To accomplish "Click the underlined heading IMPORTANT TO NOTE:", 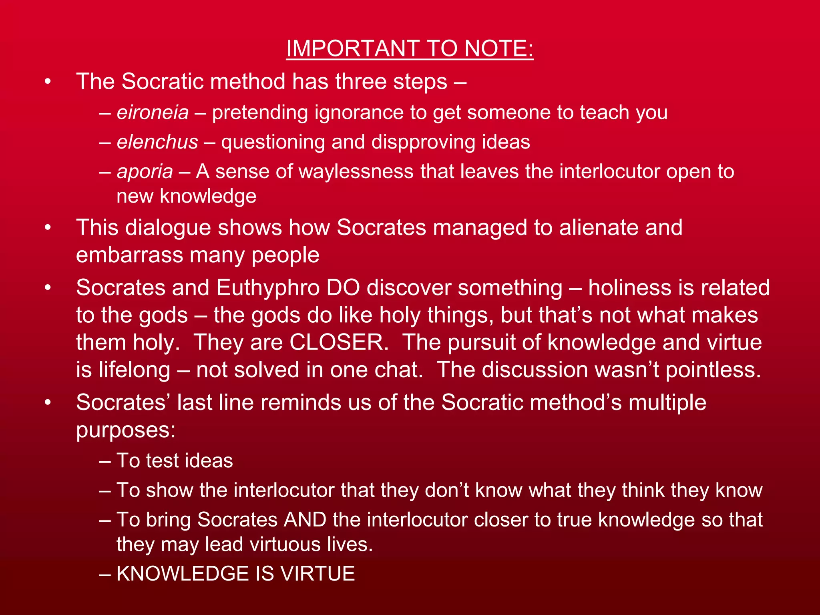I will click(x=410, y=48).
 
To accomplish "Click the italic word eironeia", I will click(x=153, y=113).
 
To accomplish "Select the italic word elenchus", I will click(x=157, y=142).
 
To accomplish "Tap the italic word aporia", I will click(x=145, y=172).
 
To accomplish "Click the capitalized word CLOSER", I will click(x=339, y=343).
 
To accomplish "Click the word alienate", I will click(x=598, y=228).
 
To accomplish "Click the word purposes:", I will click(x=126, y=430).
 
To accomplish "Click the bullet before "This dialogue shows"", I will click(x=48, y=228).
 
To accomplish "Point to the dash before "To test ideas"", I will click(x=105, y=461).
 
